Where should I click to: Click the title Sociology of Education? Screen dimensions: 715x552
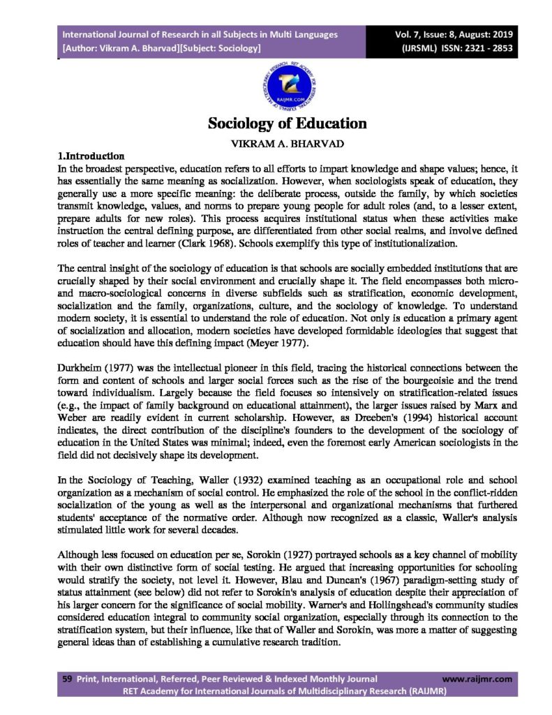click(x=287, y=124)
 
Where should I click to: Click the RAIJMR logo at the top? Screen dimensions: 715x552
click(x=287, y=86)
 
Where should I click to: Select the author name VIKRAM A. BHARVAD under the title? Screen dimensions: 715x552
click(x=287, y=142)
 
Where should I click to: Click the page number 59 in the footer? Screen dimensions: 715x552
click(x=68, y=678)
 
